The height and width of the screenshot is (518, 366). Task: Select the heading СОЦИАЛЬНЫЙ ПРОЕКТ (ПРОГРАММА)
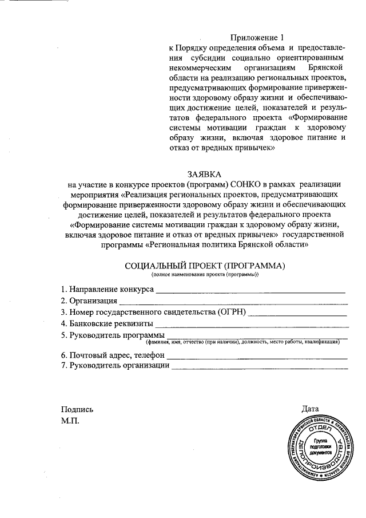pyautogui.click(x=204, y=266)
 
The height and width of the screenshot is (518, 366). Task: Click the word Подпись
pyautogui.click(x=77, y=409)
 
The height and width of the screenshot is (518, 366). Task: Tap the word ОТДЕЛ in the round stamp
pyautogui.click(x=320, y=427)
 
